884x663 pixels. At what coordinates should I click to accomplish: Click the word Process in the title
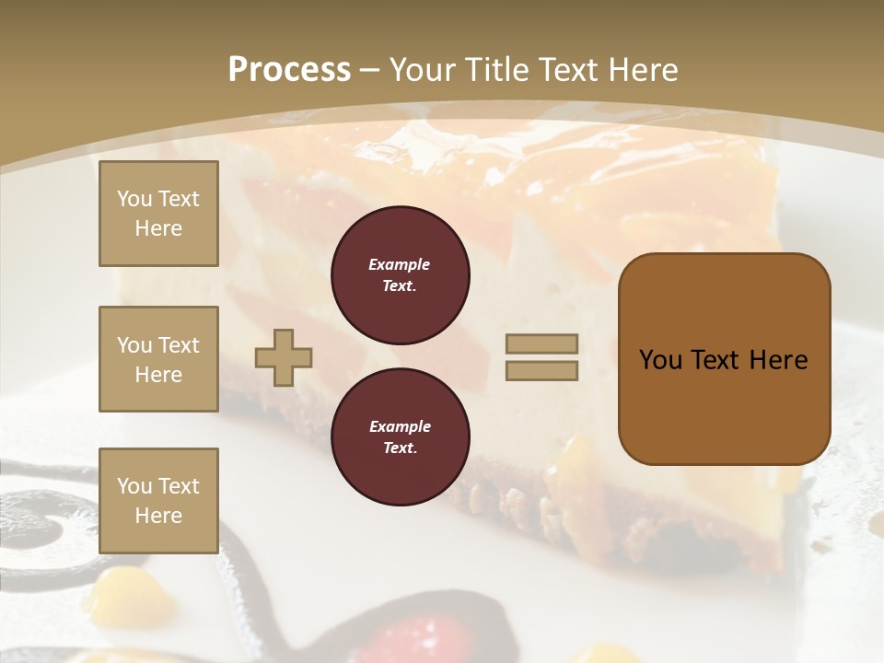coord(289,70)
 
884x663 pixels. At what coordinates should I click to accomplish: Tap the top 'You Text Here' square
coord(158,214)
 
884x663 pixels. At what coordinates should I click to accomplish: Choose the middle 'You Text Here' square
coord(158,359)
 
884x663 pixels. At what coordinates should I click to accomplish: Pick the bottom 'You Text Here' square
coord(158,501)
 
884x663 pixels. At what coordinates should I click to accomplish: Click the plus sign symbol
coord(284,357)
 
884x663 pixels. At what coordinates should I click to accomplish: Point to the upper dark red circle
coord(401,275)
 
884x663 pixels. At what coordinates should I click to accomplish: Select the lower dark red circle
coord(401,437)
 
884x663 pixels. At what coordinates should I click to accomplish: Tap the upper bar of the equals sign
coord(541,344)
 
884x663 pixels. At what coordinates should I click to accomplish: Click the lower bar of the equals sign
coord(541,371)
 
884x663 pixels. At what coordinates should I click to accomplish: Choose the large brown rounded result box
coord(724,359)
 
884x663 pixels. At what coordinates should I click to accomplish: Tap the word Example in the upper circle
coord(400,265)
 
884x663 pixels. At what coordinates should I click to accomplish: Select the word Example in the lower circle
coord(400,427)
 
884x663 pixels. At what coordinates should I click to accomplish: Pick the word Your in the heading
coord(421,70)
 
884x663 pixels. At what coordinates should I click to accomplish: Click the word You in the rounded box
coord(661,360)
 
